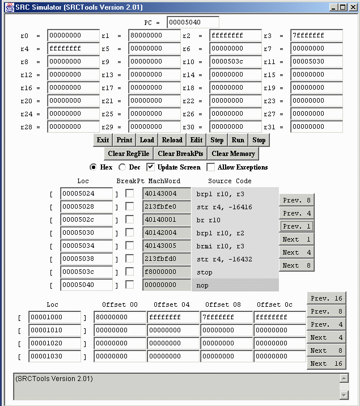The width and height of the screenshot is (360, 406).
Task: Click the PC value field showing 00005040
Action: pos(192,23)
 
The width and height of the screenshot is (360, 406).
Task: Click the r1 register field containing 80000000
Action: pos(154,36)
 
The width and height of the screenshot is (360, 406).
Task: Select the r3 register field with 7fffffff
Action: pos(316,36)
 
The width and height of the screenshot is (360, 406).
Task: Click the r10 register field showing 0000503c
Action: pos(235,62)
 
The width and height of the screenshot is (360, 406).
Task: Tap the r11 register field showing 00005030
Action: pos(316,62)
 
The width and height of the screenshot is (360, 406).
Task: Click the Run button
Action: pos(238,140)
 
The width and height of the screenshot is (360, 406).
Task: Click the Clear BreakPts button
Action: pos(180,154)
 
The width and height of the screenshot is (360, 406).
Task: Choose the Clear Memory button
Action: pos(233,154)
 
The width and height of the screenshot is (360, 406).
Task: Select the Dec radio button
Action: pos(122,167)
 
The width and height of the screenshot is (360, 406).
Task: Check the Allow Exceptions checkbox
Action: pos(211,167)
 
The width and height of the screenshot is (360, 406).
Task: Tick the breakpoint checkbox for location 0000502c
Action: pos(130,219)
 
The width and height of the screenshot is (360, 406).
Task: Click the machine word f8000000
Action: pos(166,272)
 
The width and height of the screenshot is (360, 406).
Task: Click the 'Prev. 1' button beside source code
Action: pos(297,226)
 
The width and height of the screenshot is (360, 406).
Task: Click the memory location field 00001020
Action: pos(55,343)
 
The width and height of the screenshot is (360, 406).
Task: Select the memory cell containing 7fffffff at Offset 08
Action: pos(227,317)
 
